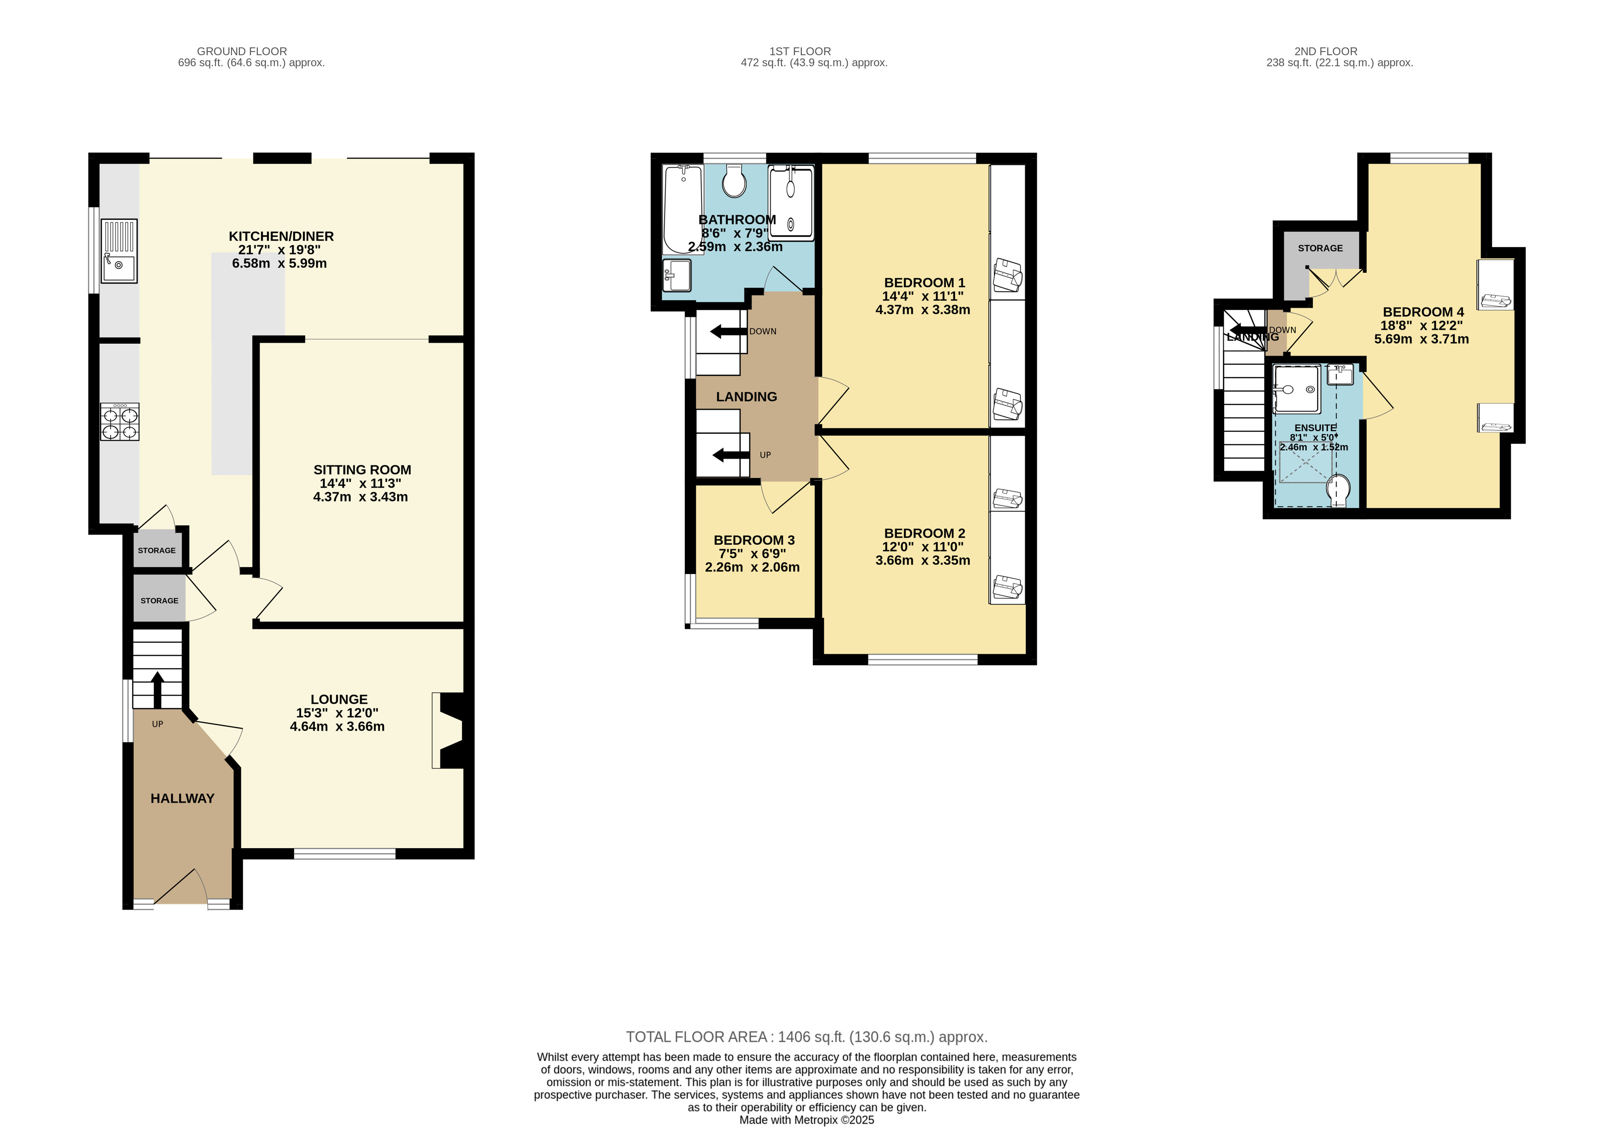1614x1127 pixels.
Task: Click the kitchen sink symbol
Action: pyautogui.click(x=119, y=251)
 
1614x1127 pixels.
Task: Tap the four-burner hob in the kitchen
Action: pyautogui.click(x=120, y=421)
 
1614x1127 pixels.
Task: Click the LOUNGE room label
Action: pyautogui.click(x=339, y=699)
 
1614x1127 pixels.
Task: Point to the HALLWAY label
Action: pyautogui.click(x=182, y=798)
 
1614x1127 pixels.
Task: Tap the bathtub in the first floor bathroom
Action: pyautogui.click(x=683, y=209)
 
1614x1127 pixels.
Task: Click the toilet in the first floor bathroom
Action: pyautogui.click(x=735, y=181)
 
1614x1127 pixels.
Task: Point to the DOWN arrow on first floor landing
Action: pyautogui.click(x=728, y=331)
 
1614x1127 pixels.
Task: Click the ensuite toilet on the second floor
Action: pyautogui.click(x=1338, y=490)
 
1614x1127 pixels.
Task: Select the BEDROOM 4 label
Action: pyautogui.click(x=1423, y=312)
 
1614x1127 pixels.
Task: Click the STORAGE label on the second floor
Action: pyautogui.click(x=1320, y=248)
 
